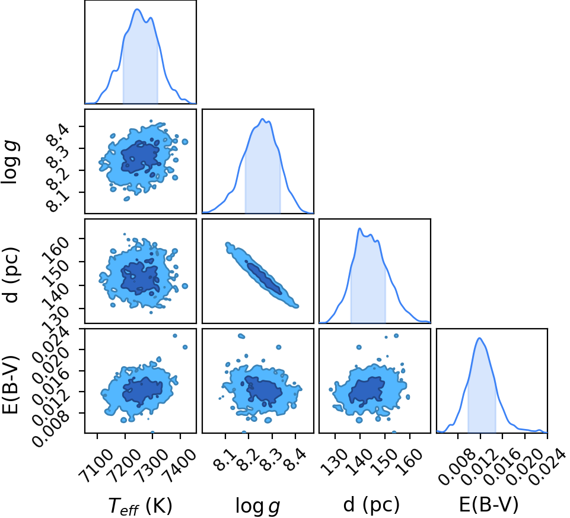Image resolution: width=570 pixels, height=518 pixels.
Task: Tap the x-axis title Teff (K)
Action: pos(141,506)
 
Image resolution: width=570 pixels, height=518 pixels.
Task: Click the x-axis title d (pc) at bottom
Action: pos(371,504)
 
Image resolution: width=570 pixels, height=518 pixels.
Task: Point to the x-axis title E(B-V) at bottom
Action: pos(489,504)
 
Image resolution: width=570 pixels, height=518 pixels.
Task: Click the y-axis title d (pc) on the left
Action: pos(10,275)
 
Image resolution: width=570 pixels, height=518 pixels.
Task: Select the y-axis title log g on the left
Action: pos(10,163)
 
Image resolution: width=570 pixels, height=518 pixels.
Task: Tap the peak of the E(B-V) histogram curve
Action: pos(480,338)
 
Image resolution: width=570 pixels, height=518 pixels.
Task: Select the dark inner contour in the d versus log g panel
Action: pos(263,278)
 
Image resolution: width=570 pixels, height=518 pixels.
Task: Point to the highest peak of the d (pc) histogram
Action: pos(359,228)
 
